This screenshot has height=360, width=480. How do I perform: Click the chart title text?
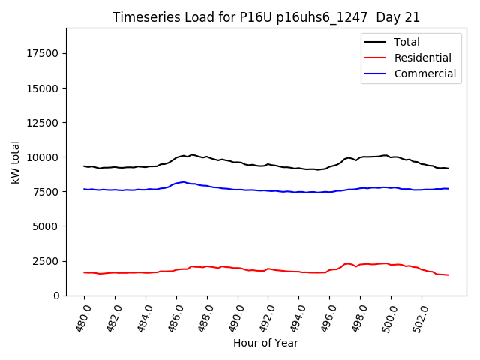(x=266, y=17)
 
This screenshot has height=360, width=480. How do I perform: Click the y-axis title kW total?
(x=15, y=161)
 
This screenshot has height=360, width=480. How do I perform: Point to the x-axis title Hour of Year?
(x=265, y=343)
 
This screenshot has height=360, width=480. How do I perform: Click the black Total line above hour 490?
(x=238, y=162)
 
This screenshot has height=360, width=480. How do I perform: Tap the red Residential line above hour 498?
(x=361, y=265)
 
